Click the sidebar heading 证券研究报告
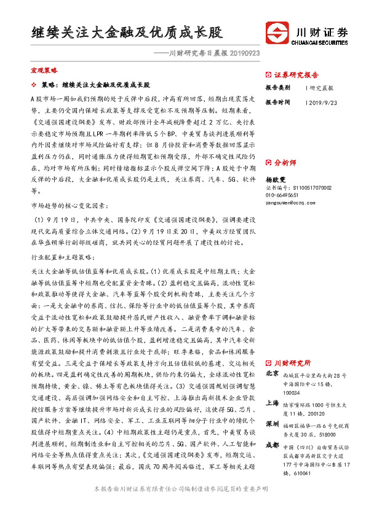pos(296,75)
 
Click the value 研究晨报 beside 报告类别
pos(321,88)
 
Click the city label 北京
pos(272,373)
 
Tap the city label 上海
pos(272,403)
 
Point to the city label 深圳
pos(272,424)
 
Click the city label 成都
pos(272,445)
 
